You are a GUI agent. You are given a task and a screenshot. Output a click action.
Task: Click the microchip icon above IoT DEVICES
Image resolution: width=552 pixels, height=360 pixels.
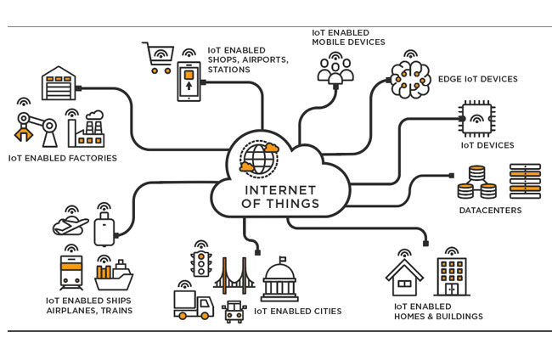[x=476, y=118]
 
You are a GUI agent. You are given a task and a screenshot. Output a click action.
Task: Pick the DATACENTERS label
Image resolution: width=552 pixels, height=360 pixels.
[x=490, y=210]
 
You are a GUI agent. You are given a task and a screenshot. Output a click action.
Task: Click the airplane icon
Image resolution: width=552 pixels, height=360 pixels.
[x=70, y=226]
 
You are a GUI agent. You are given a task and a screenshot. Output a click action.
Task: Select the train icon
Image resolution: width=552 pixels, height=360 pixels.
[x=70, y=272]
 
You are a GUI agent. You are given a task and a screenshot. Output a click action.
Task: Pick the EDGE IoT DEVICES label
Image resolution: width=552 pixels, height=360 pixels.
[x=478, y=80]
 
